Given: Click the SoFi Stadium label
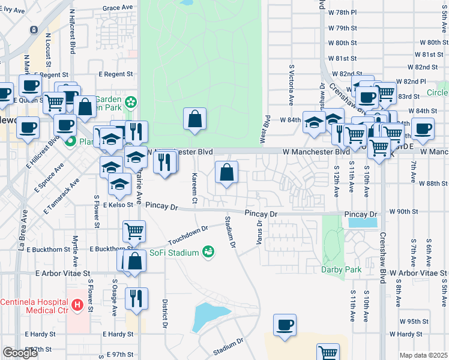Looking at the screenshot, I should (x=175, y=253).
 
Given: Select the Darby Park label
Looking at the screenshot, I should (x=340, y=269).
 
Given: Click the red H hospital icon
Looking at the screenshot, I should (x=77, y=305).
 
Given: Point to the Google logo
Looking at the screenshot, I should (x=20, y=353).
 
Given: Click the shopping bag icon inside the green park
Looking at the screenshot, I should (x=195, y=119).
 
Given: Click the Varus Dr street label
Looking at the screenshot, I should (x=260, y=231).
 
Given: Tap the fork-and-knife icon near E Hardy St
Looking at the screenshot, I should (x=135, y=297).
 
